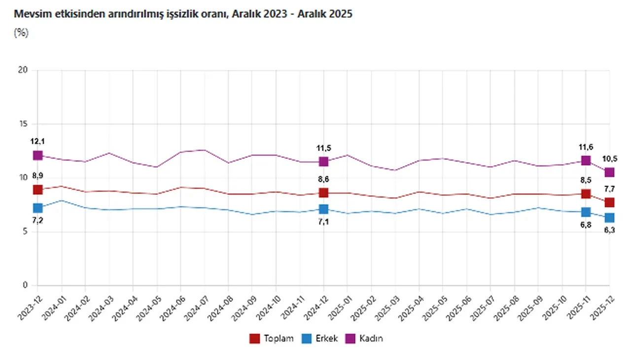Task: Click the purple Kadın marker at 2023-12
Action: click(x=38, y=155)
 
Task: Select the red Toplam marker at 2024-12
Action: click(x=323, y=193)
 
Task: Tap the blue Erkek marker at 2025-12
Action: click(x=609, y=217)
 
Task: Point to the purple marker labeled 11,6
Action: click(x=586, y=161)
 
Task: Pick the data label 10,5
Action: click(x=610, y=159)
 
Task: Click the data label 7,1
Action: click(x=324, y=222)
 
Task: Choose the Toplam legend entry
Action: click(x=272, y=338)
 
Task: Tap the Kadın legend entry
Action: click(x=365, y=338)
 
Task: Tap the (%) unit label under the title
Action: click(x=21, y=33)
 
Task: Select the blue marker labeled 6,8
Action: click(x=586, y=212)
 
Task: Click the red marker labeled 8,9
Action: click(x=38, y=190)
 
